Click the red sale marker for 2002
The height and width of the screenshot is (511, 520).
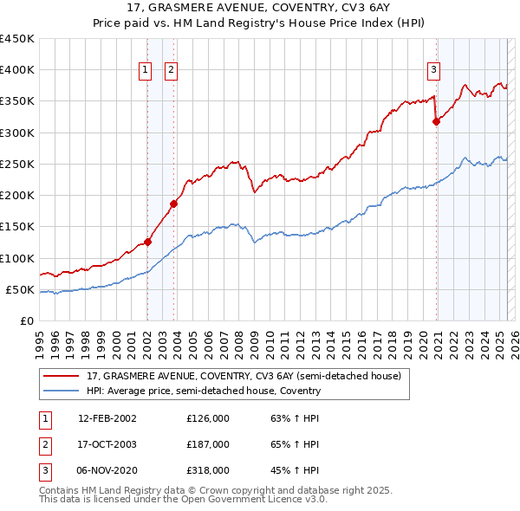click(147, 242)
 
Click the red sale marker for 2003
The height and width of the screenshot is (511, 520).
click(173, 204)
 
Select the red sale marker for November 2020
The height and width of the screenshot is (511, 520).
click(436, 121)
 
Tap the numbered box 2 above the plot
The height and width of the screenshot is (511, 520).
click(171, 71)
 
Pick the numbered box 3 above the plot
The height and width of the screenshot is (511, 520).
click(433, 71)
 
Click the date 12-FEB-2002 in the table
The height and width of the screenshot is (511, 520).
click(107, 418)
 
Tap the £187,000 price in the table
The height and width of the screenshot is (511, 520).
click(208, 444)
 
